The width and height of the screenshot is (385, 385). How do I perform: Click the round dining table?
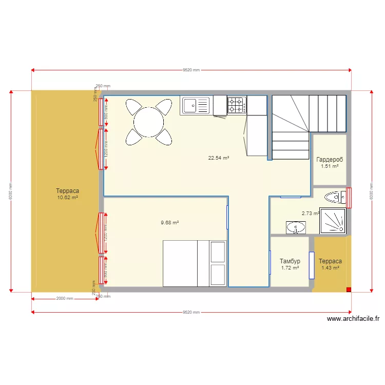(x=148, y=122)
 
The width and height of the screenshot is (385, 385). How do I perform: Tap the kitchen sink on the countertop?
(x=195, y=106)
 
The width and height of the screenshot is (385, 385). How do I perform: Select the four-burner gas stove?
(x=237, y=105)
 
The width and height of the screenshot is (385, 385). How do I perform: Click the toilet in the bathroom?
(x=336, y=197)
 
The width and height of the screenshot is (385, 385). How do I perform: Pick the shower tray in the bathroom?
(x=333, y=220)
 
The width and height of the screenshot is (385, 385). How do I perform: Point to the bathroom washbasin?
(x=296, y=227)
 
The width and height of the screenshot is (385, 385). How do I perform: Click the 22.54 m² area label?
(x=218, y=158)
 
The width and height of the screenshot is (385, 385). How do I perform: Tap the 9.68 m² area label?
(x=169, y=223)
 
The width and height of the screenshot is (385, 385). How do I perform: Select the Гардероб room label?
(x=330, y=160)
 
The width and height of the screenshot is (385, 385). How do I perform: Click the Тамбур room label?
(x=290, y=261)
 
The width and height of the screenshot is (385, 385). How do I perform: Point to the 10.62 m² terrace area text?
(x=67, y=197)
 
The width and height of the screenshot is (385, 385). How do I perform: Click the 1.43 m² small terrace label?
(x=330, y=268)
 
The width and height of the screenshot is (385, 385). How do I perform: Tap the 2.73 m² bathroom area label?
(x=310, y=214)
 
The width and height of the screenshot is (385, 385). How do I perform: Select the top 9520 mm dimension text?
(x=191, y=70)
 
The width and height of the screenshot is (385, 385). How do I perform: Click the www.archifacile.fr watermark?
(x=353, y=319)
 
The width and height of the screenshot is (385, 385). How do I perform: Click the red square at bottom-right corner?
(x=349, y=290)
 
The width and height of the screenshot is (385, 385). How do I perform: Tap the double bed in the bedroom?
(x=195, y=263)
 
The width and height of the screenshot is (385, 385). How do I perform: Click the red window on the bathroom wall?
(x=349, y=197)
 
